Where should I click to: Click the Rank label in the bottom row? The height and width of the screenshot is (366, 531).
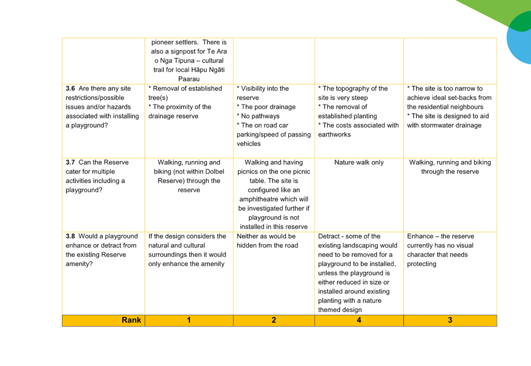(x=131, y=320)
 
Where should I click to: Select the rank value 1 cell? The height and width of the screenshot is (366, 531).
(x=189, y=320)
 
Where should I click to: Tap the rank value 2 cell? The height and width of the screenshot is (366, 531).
(x=274, y=320)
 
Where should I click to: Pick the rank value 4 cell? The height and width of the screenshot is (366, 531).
(x=359, y=320)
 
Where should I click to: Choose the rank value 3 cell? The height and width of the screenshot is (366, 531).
(x=450, y=320)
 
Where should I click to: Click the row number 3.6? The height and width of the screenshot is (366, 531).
(x=70, y=88)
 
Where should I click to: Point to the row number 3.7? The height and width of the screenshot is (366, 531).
(x=70, y=162)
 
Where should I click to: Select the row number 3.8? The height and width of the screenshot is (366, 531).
(x=70, y=236)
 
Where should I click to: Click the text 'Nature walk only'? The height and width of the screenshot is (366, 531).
(x=359, y=162)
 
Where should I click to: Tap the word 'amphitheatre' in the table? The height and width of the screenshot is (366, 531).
(x=258, y=199)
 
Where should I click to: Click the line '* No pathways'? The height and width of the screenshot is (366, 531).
(x=258, y=116)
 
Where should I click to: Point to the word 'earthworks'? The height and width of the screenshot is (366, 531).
(x=334, y=135)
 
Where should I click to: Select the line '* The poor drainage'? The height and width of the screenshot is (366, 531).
(x=266, y=107)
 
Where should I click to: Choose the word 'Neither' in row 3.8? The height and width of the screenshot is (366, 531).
(x=248, y=236)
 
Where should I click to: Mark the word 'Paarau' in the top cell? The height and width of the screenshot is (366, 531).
(x=189, y=79)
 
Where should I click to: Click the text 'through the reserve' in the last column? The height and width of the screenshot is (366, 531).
(x=450, y=172)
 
